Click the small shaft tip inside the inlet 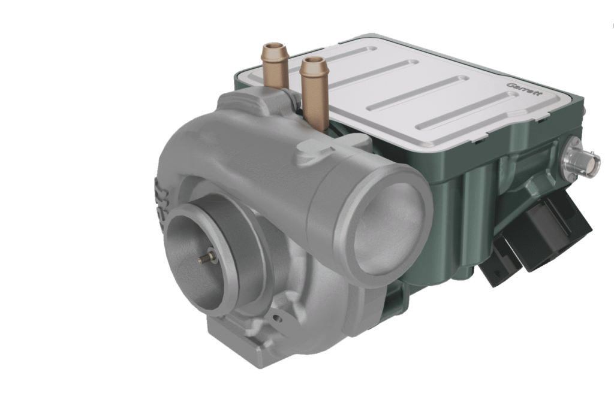coord(203,257)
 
